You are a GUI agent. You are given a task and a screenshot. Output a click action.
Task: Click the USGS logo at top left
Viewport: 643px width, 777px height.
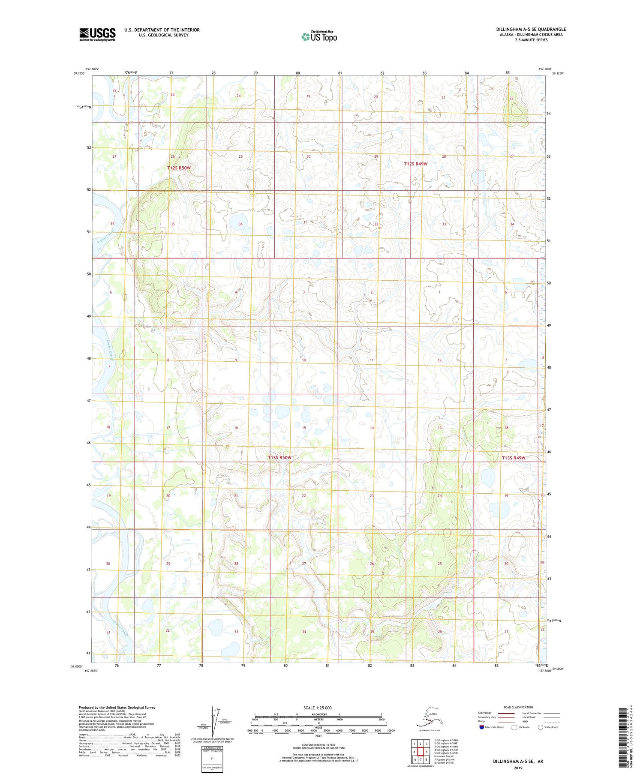97,34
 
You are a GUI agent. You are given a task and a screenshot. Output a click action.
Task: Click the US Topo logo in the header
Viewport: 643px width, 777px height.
319,36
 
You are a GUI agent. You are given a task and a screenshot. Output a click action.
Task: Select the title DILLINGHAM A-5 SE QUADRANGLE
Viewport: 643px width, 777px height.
531,29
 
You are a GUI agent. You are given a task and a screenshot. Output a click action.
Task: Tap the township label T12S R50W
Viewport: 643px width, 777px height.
179,168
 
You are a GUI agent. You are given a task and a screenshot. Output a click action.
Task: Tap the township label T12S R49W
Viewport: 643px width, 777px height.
416,164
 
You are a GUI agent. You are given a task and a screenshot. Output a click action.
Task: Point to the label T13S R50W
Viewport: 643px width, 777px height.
279,458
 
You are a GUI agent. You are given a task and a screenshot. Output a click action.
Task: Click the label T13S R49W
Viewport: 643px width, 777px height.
513,458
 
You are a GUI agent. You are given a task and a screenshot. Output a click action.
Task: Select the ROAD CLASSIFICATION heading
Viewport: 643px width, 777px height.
518,707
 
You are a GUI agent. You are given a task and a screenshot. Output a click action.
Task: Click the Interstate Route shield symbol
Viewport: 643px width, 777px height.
482,727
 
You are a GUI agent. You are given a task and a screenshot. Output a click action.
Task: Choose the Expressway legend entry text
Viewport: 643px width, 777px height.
484,713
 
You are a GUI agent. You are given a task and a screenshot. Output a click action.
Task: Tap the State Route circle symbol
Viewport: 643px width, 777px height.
540,727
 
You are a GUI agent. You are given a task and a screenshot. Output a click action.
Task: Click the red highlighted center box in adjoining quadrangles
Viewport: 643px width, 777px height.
421,751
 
